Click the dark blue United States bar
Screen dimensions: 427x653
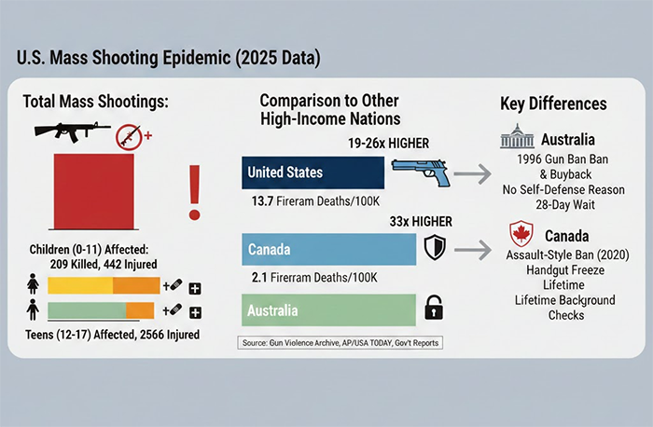tap(312, 172)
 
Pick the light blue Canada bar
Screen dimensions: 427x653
tap(329, 249)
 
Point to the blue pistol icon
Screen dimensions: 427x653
tap(419, 173)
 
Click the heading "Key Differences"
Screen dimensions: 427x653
tap(553, 103)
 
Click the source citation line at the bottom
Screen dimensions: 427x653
tap(340, 343)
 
